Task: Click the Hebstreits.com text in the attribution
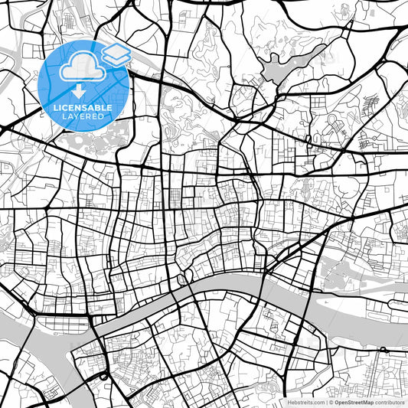click(x=305, y=402)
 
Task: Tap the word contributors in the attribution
click(x=390, y=402)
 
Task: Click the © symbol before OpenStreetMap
click(x=331, y=402)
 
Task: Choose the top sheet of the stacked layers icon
click(x=116, y=50)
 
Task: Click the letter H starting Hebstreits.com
click(x=288, y=402)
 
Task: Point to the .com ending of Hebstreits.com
click(x=318, y=402)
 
